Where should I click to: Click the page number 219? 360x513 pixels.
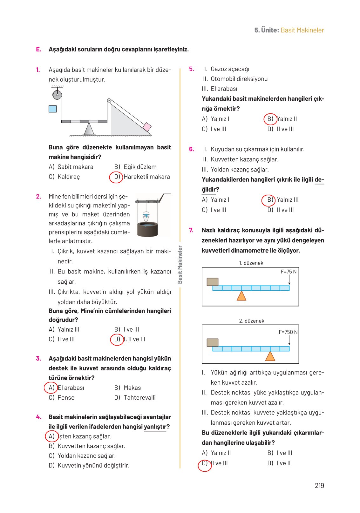pos(319,485)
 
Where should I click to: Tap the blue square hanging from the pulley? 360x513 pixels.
pos(52,109)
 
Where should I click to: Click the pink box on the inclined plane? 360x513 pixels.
pos(147,127)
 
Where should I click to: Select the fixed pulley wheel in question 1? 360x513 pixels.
pos(57,95)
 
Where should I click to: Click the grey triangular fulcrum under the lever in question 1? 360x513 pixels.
pos(89,129)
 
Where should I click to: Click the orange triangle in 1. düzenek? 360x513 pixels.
pos(241,296)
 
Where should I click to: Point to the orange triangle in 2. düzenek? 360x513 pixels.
pos(270,356)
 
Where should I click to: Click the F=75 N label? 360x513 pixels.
pos(288,272)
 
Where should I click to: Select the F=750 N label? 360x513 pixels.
pos(288,332)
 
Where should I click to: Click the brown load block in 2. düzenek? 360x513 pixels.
pos(212,342)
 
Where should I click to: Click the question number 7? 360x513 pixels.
pos(191,230)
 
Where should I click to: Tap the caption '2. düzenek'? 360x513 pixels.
pos(251,321)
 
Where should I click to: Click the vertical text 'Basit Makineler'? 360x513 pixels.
pos(180,264)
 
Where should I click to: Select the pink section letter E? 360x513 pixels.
pos(38,49)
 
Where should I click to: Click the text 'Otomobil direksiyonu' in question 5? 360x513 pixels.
pos(239,79)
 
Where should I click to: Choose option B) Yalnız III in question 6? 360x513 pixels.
pos(283,200)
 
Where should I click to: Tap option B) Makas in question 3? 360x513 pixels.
pos(128,388)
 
